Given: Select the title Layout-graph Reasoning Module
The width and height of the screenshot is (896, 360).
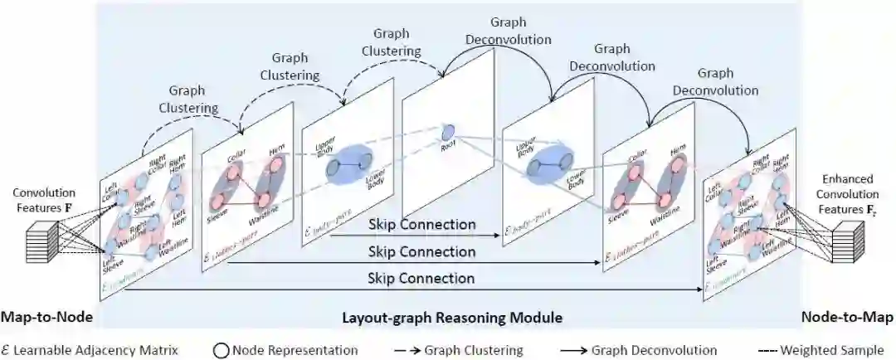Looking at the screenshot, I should click(452, 318).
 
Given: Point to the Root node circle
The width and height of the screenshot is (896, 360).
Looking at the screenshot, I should click(448, 131).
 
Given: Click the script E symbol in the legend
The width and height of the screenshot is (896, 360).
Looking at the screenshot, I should click(7, 350).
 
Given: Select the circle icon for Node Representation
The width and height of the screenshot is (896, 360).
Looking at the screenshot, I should click(222, 350).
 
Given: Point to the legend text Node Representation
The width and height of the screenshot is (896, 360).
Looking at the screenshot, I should click(295, 350).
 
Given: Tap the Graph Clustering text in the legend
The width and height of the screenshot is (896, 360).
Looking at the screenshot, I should click(474, 350).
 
